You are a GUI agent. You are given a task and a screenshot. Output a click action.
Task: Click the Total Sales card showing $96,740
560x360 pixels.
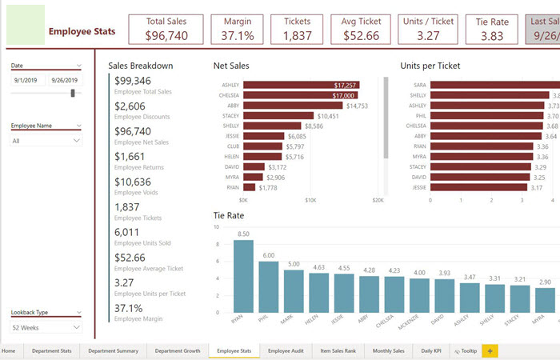point(166,29)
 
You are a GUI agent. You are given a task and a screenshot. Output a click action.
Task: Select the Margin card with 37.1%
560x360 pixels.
point(238,29)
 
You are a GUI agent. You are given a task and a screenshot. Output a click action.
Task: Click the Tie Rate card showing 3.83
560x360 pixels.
point(492,29)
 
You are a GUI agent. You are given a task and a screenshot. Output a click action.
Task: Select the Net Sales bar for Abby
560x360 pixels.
point(293,106)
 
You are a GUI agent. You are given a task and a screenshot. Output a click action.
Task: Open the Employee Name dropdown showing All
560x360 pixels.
point(46,140)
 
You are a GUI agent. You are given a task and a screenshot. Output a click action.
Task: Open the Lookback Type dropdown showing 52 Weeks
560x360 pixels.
point(46,327)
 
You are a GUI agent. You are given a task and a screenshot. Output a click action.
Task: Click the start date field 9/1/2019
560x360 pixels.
point(27,80)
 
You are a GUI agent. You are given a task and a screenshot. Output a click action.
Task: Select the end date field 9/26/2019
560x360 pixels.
point(64,80)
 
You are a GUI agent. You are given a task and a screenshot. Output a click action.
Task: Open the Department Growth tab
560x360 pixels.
point(178,350)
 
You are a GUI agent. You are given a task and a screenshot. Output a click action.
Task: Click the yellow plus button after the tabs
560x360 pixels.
point(490,350)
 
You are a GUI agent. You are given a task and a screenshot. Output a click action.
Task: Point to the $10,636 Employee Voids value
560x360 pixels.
point(132,182)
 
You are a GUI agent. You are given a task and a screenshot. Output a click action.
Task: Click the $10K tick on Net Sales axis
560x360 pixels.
point(310,201)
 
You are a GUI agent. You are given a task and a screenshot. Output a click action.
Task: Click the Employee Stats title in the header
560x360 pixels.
point(82,32)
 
